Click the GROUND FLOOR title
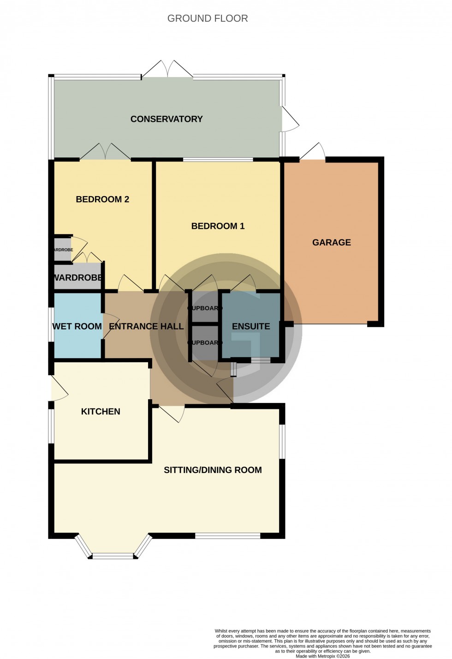pyautogui.click(x=208, y=18)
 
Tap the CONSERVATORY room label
pyautogui.click(x=167, y=119)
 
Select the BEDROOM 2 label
pyautogui.click(x=102, y=199)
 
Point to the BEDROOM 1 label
pyautogui.click(x=218, y=226)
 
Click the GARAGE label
pyautogui.click(x=332, y=242)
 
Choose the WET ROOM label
pyautogui.click(x=77, y=327)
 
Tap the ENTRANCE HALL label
pyautogui.click(x=146, y=327)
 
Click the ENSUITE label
pyautogui.click(x=251, y=327)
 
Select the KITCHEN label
pyautogui.click(x=101, y=412)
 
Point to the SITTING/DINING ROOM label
pyautogui.click(x=213, y=470)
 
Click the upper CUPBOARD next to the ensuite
pyautogui.click(x=205, y=308)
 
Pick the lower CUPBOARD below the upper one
pyautogui.click(x=205, y=343)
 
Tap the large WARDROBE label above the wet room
pyautogui.click(x=77, y=278)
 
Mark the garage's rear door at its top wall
pyautogui.click(x=313, y=153)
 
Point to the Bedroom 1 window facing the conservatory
pyautogui.click(x=218, y=160)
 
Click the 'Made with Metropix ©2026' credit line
pyautogui.click(x=323, y=656)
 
